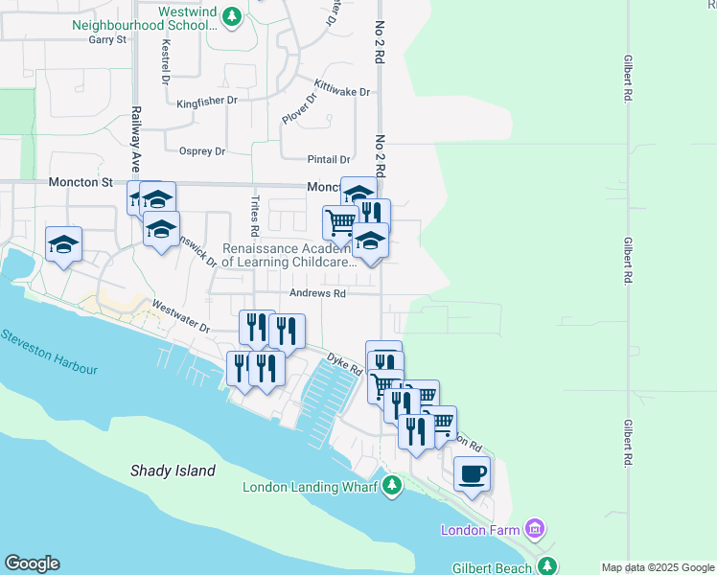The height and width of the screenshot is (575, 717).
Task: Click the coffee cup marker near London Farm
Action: click(x=472, y=473)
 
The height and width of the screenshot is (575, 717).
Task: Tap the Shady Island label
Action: click(x=173, y=471)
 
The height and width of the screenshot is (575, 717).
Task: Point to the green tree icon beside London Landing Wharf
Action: click(x=390, y=487)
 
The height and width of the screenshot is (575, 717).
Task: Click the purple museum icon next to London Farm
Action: click(x=536, y=529)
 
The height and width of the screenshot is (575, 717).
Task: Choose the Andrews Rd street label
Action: click(x=319, y=294)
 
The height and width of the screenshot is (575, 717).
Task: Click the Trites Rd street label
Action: click(x=255, y=217)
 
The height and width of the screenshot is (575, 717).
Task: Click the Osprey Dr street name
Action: click(x=202, y=151)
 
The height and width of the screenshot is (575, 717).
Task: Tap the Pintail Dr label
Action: click(x=329, y=160)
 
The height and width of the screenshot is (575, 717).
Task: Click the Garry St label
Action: click(x=107, y=40)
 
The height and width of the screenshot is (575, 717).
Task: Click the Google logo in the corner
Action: click(x=32, y=563)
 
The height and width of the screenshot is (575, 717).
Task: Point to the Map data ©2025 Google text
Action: click(x=657, y=567)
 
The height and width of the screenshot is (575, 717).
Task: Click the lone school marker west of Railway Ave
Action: click(x=64, y=245)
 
